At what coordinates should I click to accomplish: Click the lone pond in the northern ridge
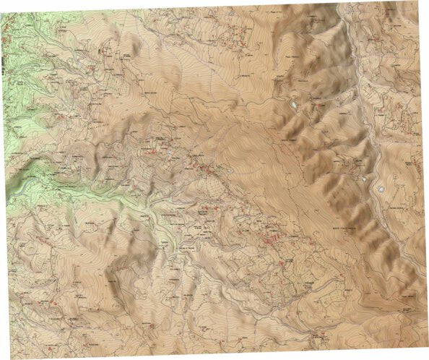tap(294, 106)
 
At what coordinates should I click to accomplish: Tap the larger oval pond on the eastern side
tap(380, 189)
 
